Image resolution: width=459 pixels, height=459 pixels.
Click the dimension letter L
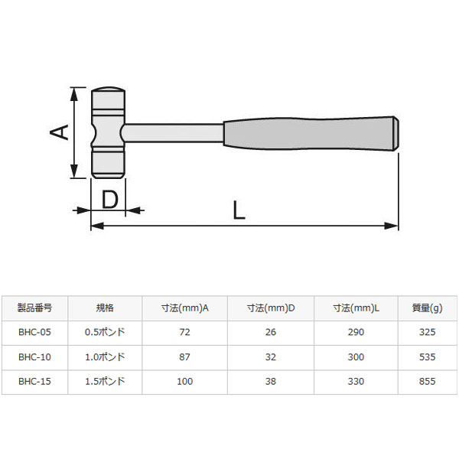pos(239,210)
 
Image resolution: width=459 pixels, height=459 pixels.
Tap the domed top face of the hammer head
pos(108,90)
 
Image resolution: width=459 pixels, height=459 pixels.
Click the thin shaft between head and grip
pos(173,132)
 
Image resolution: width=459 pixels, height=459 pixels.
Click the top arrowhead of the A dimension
pos(74,93)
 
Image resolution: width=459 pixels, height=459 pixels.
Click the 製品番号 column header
pos(34,308)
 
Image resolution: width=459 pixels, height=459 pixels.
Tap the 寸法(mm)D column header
pos(271,308)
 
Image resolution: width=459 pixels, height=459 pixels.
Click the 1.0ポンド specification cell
pos(105,356)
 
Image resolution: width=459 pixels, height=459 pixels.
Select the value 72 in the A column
pos(184,332)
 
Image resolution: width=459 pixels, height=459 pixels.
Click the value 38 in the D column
pos(271,380)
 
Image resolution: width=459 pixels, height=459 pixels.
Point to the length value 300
pos(356,356)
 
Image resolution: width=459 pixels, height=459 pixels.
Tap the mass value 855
pos(427,380)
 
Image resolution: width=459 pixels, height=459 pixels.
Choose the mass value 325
pos(427,332)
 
